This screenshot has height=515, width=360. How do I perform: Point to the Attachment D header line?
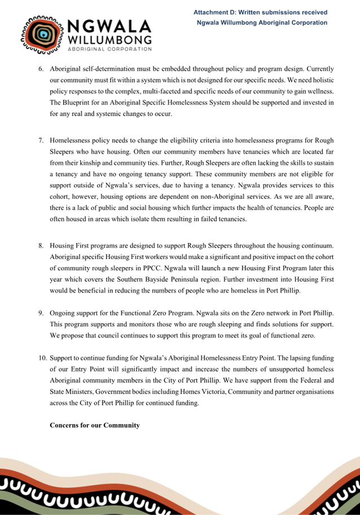coord(260,12)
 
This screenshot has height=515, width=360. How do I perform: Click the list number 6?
coord(41,69)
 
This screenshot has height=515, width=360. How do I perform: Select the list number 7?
coord(41,139)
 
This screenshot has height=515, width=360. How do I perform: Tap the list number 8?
coord(41,246)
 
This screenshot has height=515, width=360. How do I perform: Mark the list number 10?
coord(42,358)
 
